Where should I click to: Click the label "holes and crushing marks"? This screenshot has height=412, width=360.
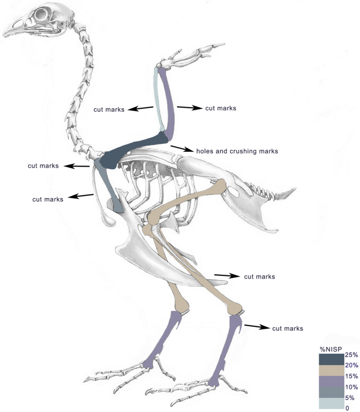click(x=236, y=151)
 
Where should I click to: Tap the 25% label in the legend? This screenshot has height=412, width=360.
click(x=352, y=355)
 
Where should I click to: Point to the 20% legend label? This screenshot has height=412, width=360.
click(x=352, y=365)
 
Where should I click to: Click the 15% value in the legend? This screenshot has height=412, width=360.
click(x=352, y=376)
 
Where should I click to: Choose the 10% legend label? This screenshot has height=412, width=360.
click(x=352, y=387)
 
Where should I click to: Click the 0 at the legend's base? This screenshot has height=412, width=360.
click(x=347, y=408)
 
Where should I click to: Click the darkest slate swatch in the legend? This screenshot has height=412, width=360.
click(x=332, y=359)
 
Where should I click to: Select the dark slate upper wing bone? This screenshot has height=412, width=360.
click(x=134, y=150)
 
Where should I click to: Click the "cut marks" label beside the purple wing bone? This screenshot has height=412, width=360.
click(x=220, y=108)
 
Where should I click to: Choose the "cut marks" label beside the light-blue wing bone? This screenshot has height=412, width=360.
click(x=109, y=110)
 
